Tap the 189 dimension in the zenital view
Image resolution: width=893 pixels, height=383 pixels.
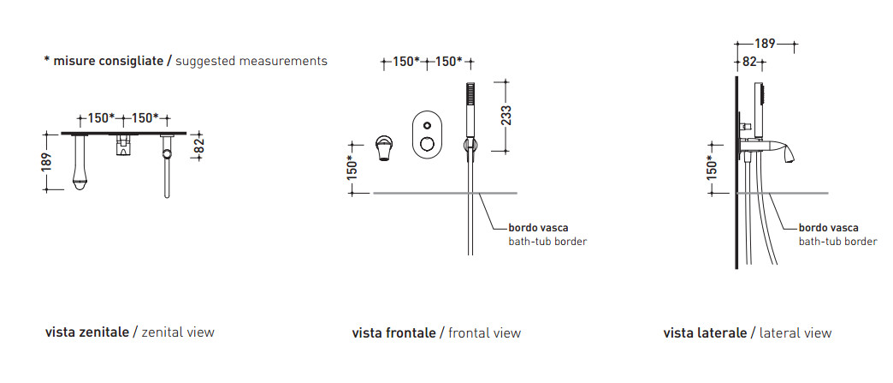tap(47, 162)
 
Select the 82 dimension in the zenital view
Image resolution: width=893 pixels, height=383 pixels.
tap(198, 147)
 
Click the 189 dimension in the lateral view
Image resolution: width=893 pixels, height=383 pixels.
tap(766, 44)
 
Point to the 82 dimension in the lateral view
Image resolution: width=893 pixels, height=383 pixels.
tap(749, 62)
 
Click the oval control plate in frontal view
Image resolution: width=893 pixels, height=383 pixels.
tap(427, 134)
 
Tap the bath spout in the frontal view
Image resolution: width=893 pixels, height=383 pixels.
tap(383, 149)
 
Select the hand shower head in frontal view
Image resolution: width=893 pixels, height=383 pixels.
tap(470, 112)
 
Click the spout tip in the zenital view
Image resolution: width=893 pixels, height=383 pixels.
tap(81, 184)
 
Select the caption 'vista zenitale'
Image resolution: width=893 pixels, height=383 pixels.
tap(87, 332)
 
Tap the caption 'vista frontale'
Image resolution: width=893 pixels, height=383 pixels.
tap(394, 332)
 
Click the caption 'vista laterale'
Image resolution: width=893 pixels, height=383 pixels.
tap(705, 332)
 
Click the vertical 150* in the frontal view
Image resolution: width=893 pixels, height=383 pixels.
tap(353, 168)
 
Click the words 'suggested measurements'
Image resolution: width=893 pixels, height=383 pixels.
tap(251, 61)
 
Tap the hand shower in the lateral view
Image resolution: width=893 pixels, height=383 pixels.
tap(760, 111)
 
